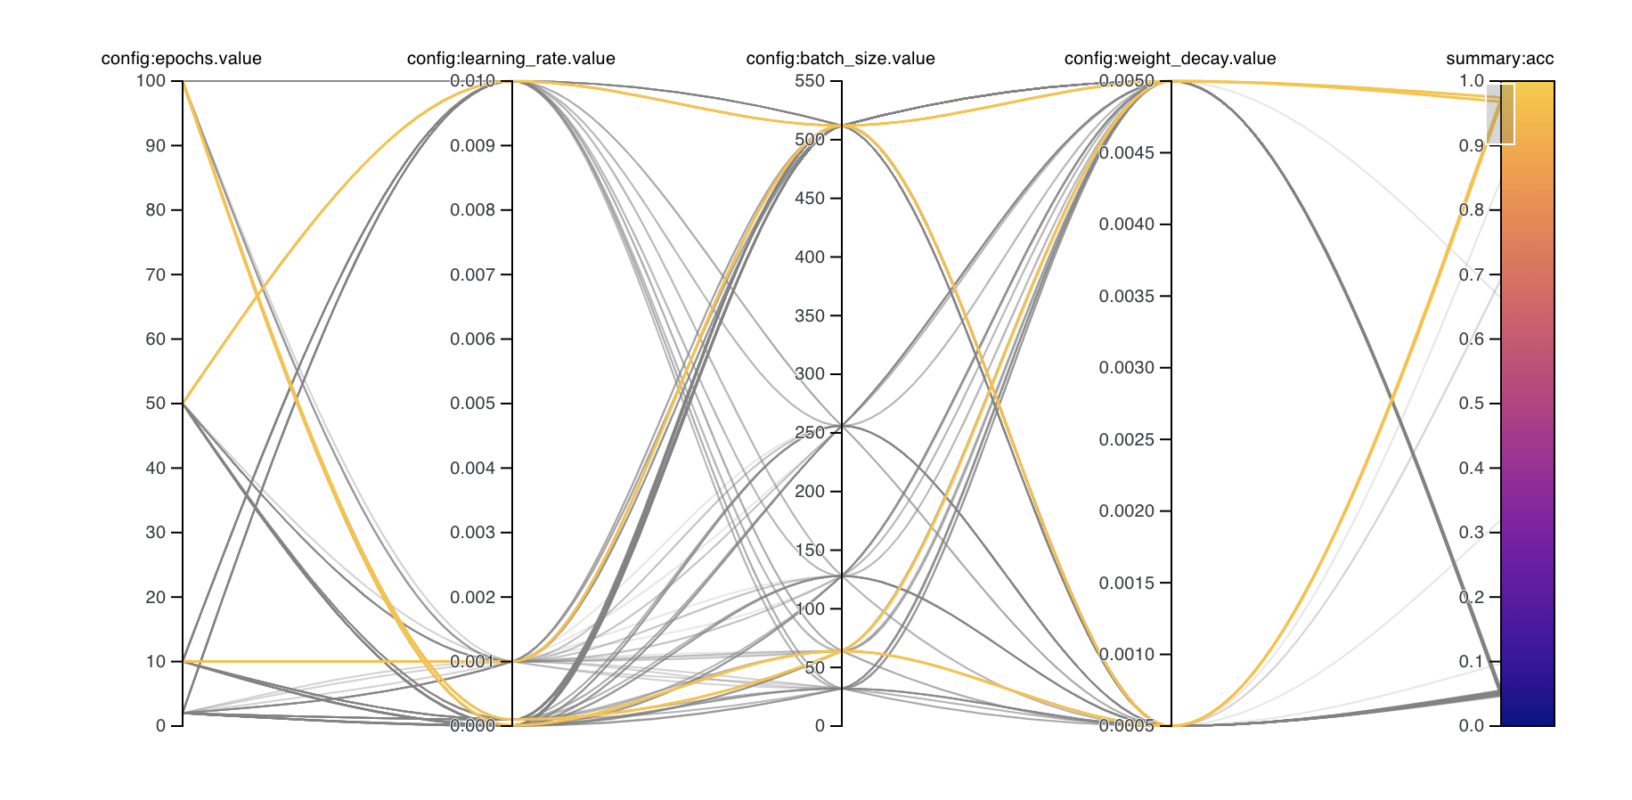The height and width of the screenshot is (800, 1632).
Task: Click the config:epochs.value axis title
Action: point(181,59)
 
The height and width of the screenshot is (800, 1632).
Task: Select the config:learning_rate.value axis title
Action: point(510,59)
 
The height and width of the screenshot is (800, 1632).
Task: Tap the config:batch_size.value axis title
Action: point(840,59)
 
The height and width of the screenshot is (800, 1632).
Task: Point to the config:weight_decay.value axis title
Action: point(1170,59)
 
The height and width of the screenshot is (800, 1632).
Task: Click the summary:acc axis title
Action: point(1499,59)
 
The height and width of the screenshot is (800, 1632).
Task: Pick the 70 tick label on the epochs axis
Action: point(155,274)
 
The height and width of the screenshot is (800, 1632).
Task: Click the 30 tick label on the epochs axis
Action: point(155,533)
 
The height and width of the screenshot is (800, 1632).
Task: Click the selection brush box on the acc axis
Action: point(1501,114)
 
